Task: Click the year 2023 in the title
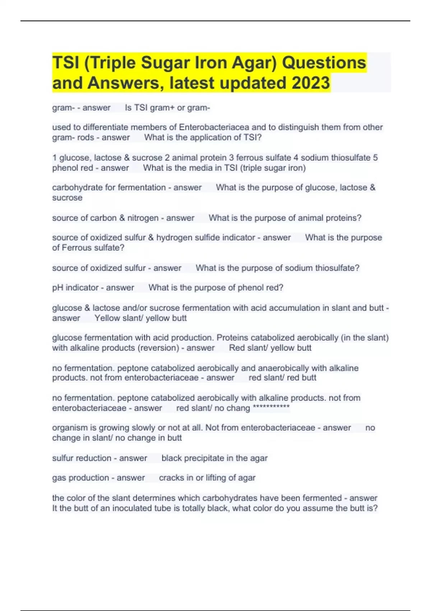click(310, 83)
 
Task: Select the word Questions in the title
click(324, 63)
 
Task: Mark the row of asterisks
click(271, 408)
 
